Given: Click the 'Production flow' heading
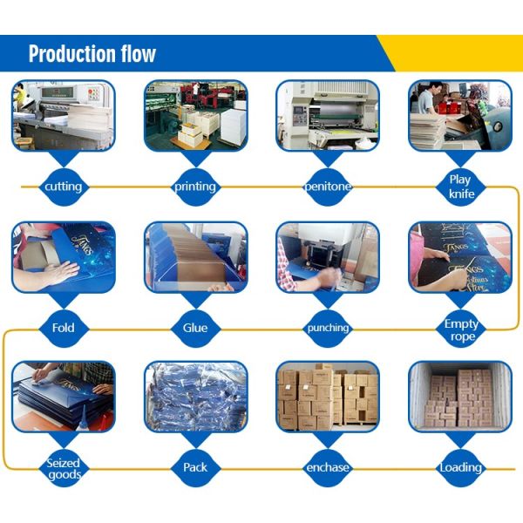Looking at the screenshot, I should pyautogui.click(x=92, y=54).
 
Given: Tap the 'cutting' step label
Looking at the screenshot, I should pyautogui.click(x=64, y=186).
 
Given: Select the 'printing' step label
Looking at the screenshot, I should pyautogui.click(x=195, y=186).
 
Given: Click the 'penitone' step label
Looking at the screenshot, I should pyautogui.click(x=328, y=187).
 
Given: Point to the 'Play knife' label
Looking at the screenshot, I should pyautogui.click(x=460, y=187).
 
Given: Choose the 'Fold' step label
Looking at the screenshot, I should pyautogui.click(x=64, y=328).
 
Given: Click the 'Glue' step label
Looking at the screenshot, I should pyautogui.click(x=195, y=328).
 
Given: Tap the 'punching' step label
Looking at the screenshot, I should pyautogui.click(x=328, y=328).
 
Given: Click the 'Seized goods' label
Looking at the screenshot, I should pyautogui.click(x=64, y=468).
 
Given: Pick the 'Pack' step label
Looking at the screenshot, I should pyautogui.click(x=195, y=468).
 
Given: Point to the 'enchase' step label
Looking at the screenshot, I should pyautogui.click(x=328, y=468).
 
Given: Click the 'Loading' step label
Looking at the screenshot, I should pyautogui.click(x=460, y=468).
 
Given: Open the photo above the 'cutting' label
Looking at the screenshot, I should pyautogui.click(x=63, y=115).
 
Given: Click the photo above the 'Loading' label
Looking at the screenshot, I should pyautogui.click(x=460, y=397).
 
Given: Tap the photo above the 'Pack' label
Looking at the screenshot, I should pyautogui.click(x=195, y=397).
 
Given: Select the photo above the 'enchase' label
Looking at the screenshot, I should pyautogui.click(x=328, y=397).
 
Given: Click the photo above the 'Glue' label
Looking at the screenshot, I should pyautogui.click(x=195, y=256).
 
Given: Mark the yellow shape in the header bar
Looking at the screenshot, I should pyautogui.click(x=453, y=53).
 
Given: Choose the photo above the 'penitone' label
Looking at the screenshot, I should pyautogui.click(x=328, y=115).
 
